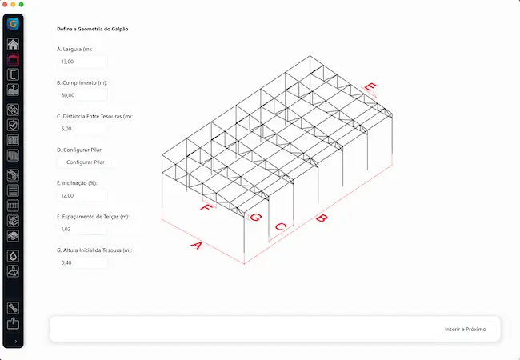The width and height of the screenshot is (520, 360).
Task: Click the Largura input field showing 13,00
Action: tap(82, 62)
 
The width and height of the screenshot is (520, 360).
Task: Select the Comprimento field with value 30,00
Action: tap(82, 95)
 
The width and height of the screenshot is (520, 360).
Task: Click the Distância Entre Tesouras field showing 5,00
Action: tap(82, 129)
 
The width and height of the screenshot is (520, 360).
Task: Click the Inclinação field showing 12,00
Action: tap(82, 195)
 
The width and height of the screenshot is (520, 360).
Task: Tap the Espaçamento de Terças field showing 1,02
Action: tap(82, 229)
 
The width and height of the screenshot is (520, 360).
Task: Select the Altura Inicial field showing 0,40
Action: tap(82, 262)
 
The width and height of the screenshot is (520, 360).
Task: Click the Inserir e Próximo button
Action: tap(466, 329)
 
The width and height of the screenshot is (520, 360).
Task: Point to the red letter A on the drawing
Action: tap(196, 246)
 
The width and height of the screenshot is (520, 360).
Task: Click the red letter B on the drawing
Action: tap(322, 218)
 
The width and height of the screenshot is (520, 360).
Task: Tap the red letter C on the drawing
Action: tap(281, 226)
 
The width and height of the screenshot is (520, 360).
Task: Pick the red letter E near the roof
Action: tap(370, 87)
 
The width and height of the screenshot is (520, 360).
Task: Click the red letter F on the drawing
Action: tap(206, 208)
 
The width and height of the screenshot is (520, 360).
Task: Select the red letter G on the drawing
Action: tap(256, 218)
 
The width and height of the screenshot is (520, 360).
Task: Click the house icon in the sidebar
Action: tap(14, 44)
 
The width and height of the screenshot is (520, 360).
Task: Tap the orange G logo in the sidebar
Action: tap(14, 24)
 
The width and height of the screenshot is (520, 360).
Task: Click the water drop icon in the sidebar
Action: tap(14, 256)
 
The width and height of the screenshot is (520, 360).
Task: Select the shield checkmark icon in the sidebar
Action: tap(14, 125)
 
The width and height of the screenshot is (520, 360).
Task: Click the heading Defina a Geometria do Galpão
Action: tap(93, 29)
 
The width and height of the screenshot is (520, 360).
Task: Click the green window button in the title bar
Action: tap(22, 4)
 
